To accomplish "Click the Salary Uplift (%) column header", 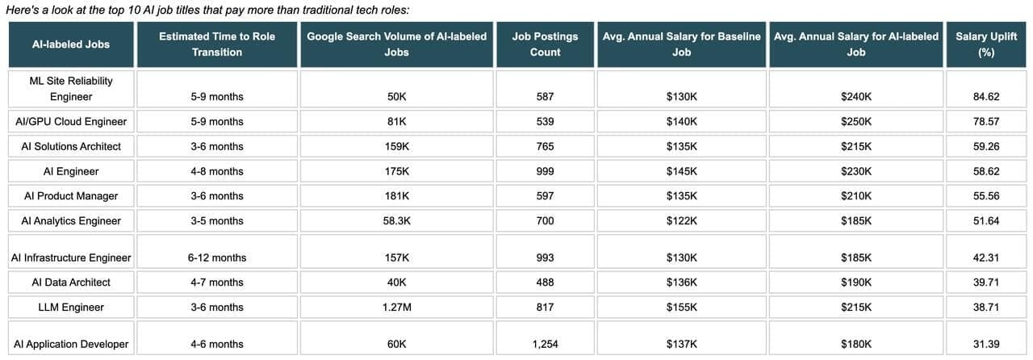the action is coord(986,44).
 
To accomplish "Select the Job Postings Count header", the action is coord(545,44).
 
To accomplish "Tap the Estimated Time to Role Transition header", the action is coord(217,44).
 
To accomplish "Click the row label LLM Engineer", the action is coord(71,307).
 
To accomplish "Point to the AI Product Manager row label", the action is coord(71,195).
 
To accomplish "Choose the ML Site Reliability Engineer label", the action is coord(71,89).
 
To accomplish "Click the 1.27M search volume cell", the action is coord(396,307).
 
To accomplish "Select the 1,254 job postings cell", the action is coord(545,344).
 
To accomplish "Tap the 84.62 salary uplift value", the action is coord(986,97).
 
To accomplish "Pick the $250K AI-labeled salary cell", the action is coord(856,121).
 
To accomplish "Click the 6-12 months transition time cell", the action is coord(217,257).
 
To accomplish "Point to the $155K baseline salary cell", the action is coord(682,307).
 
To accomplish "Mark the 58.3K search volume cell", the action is coord(396,220).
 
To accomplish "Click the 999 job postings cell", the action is coord(545,171).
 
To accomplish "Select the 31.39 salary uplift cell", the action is coord(986,344).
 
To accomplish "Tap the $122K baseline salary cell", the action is coord(682,220).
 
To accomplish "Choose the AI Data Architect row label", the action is coord(71,282).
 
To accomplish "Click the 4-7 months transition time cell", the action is coord(217,282).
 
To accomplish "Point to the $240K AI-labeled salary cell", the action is coord(856,97).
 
